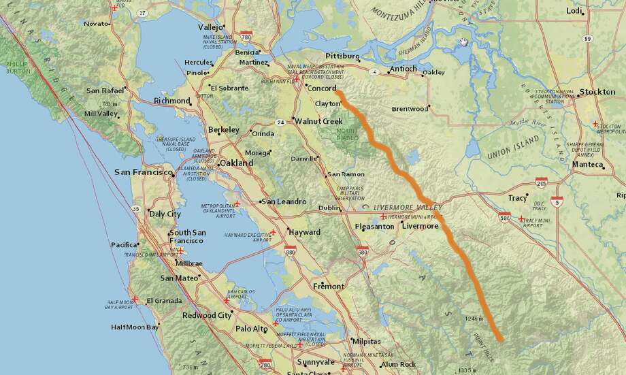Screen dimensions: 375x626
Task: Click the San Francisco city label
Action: click(144, 172)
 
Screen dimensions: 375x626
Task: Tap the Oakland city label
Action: click(236, 163)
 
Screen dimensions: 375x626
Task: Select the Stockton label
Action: click(597, 92)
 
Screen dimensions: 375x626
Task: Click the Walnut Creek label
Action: click(318, 121)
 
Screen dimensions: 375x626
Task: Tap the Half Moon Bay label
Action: click(135, 327)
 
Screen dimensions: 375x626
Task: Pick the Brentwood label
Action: click(410, 109)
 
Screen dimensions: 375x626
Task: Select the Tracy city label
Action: click(517, 198)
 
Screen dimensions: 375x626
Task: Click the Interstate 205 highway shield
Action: click(542, 183)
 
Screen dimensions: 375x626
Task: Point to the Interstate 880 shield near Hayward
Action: click(290, 253)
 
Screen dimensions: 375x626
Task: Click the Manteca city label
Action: click(587, 165)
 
